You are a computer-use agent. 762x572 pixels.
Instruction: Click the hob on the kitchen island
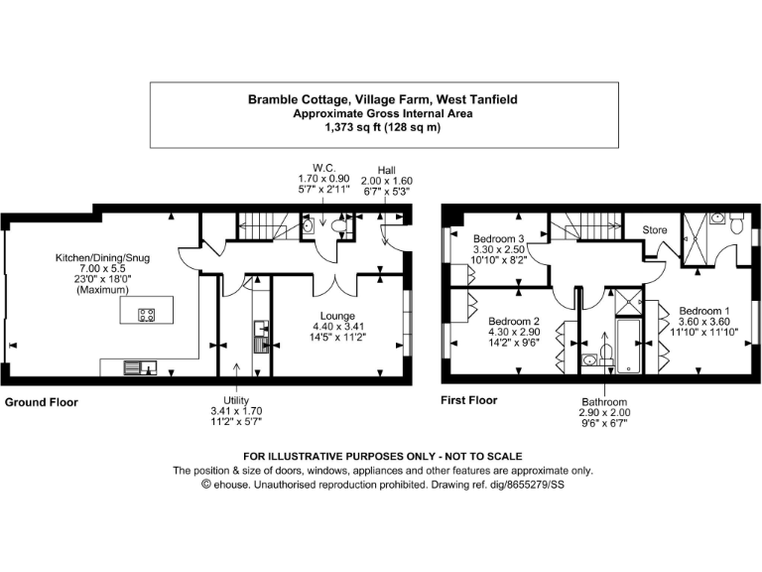(x=146, y=316)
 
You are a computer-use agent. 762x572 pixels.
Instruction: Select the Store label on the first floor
(x=654, y=230)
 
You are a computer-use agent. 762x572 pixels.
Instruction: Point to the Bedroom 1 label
(x=702, y=310)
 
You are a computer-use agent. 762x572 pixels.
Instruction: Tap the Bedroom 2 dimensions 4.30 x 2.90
(x=513, y=335)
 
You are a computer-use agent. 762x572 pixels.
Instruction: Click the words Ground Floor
(x=42, y=403)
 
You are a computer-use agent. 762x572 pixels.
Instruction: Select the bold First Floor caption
(x=469, y=401)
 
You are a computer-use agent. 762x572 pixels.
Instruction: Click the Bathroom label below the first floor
(x=605, y=401)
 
